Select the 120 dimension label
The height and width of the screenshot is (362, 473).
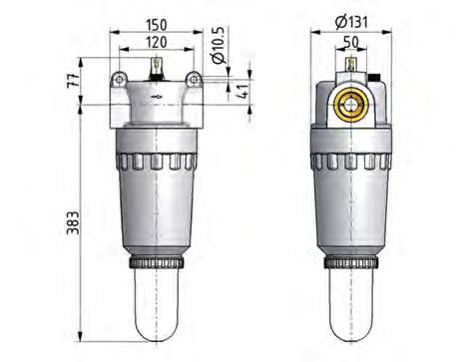[154, 45]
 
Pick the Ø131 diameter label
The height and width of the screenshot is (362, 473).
[356, 20]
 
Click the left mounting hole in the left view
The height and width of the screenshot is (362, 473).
[120, 79]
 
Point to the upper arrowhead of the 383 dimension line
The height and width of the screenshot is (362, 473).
[79, 63]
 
